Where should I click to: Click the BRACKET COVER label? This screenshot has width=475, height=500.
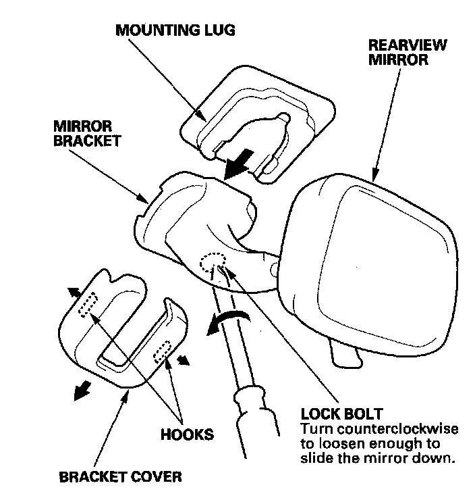click(120, 478)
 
